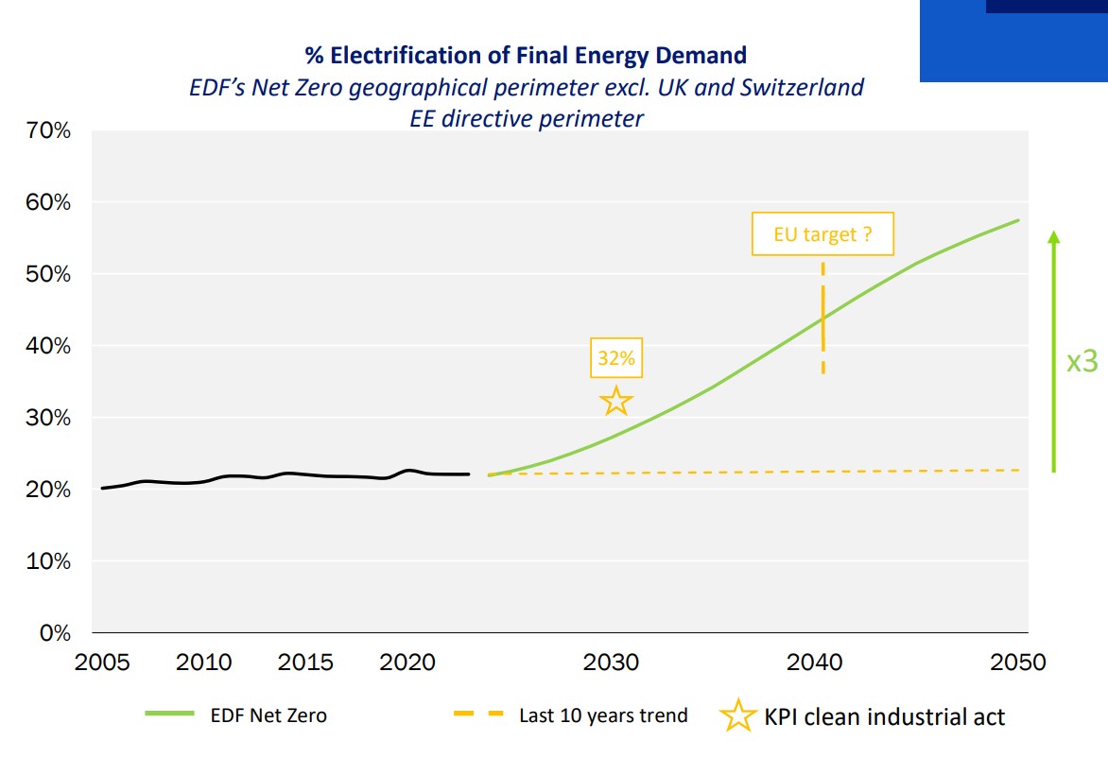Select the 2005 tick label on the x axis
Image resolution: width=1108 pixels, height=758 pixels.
pyautogui.click(x=102, y=662)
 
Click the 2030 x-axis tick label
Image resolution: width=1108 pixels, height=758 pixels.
pyautogui.click(x=612, y=662)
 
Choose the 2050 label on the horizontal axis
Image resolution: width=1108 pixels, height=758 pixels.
pyautogui.click(x=1018, y=662)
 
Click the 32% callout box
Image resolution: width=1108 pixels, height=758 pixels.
pyautogui.click(x=616, y=359)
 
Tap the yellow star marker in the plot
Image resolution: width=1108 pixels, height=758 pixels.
pyautogui.click(x=616, y=401)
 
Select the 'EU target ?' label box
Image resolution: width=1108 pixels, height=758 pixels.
pyautogui.click(x=822, y=234)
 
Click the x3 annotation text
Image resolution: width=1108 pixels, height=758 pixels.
pyautogui.click(x=1082, y=362)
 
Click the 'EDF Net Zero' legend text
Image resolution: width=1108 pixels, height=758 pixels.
pyautogui.click(x=268, y=715)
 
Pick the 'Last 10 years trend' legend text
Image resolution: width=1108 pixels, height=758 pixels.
pyautogui.click(x=603, y=715)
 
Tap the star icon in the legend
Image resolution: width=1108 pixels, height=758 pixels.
pyautogui.click(x=738, y=715)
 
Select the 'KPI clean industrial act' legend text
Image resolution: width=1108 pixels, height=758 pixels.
pyautogui.click(x=885, y=716)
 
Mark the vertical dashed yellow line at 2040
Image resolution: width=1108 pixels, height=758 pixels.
pyautogui.click(x=822, y=318)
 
